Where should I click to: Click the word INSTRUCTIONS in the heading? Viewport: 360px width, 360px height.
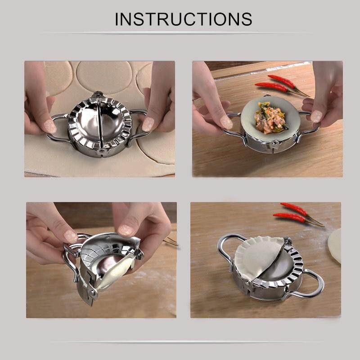(183, 19)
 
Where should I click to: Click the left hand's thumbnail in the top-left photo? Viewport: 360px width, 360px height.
(49, 127)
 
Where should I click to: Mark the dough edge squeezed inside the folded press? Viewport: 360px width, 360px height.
(112, 274)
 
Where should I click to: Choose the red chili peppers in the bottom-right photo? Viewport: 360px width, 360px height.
(295, 213)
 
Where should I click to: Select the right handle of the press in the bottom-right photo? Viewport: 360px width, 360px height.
(310, 283)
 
